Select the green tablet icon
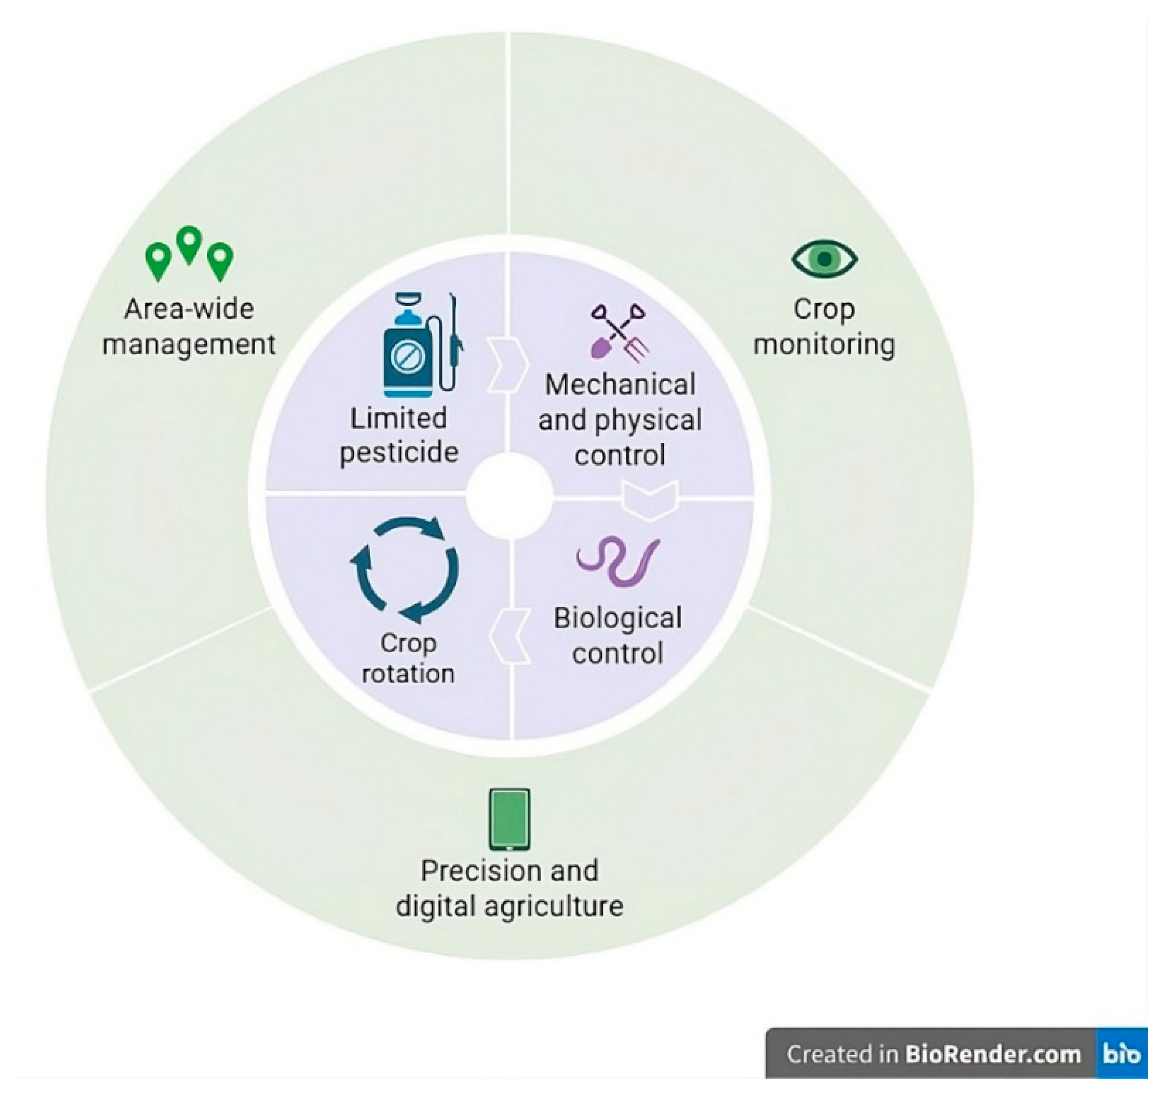pyautogui.click(x=509, y=820)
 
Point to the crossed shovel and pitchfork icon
pyautogui.click(x=620, y=331)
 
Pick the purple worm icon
pyautogui.click(x=618, y=561)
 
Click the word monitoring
pyautogui.click(x=824, y=345)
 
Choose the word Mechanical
pyautogui.click(x=620, y=385)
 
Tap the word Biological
pyautogui.click(x=618, y=618)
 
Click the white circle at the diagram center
pyautogui.click(x=509, y=495)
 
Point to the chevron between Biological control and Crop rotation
pyautogui.click(x=510, y=636)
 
